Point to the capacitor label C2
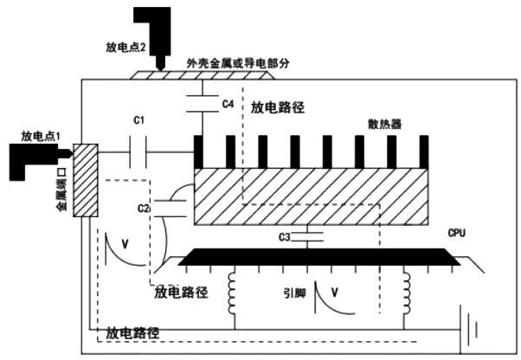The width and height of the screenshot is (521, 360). [145, 209]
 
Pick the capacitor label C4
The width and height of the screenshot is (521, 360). [228, 104]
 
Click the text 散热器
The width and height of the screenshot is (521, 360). [384, 124]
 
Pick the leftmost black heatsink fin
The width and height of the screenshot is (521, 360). [198, 152]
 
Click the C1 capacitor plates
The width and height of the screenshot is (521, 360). [138, 155]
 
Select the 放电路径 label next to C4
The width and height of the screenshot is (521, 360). [278, 110]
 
